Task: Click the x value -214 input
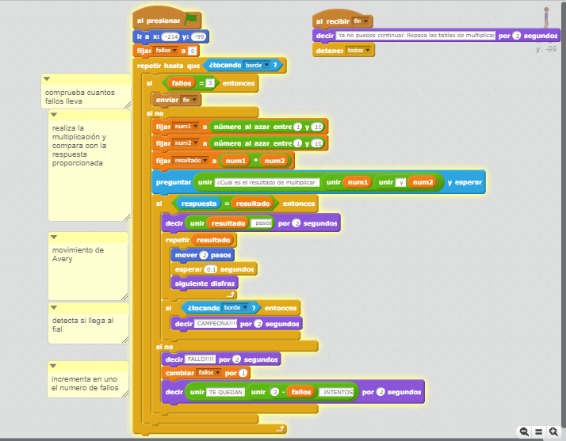pos(170,36)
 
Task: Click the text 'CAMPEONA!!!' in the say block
pos(216,324)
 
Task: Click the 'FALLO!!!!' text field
pos(201,359)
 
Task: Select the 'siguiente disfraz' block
pos(199,283)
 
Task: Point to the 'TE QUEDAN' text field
pos(226,392)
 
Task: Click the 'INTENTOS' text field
pos(338,392)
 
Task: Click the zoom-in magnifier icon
pos(553,431)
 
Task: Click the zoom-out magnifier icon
pos(524,431)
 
